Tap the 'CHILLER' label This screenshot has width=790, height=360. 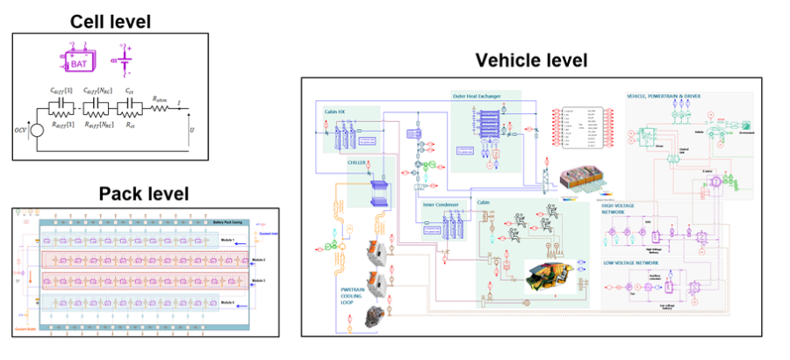(357, 174)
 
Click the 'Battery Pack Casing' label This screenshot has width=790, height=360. (231, 223)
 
